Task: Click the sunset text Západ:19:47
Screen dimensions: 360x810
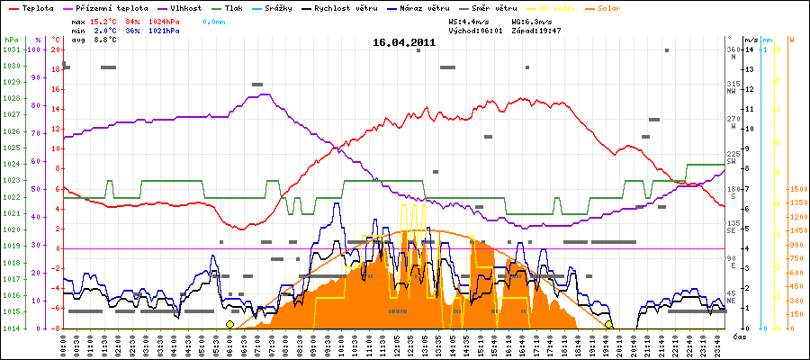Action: point(536,31)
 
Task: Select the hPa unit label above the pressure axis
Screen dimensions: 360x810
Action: point(11,40)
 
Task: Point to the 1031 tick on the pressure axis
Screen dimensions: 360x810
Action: point(11,49)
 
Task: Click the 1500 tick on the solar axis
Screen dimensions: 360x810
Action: point(796,190)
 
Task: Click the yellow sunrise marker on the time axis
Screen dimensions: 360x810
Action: point(229,325)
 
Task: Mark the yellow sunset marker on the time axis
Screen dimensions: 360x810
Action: point(609,325)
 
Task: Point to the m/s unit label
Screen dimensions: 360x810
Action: point(751,40)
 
